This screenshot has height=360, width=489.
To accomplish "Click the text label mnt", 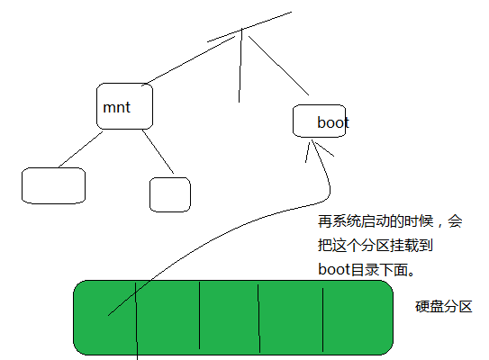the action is (116, 107).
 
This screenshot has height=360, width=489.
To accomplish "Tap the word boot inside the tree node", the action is (333, 122).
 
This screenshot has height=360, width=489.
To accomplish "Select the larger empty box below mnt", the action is (54, 185).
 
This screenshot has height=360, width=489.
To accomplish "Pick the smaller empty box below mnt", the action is (170, 194).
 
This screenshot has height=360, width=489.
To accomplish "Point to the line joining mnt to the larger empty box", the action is (80, 149).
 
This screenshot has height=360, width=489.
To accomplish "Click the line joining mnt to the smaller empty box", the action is (158, 151).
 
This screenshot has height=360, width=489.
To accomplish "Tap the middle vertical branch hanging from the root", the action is (240, 66).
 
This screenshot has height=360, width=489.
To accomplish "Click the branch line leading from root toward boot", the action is (278, 66).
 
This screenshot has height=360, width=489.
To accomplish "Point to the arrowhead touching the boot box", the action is (312, 147).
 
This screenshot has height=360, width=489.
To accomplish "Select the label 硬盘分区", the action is (443, 307).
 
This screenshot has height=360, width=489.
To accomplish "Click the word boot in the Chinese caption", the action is (334, 269).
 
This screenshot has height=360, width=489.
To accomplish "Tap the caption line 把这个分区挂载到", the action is (376, 246).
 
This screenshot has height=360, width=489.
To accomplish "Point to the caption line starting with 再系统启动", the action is (390, 221).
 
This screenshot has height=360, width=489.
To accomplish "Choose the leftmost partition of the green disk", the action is (104, 318).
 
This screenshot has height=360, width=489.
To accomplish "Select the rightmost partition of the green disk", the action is (358, 318).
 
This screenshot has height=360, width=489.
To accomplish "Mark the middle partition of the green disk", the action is (230, 318).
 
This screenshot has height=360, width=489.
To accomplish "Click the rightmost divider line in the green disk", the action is (322, 319).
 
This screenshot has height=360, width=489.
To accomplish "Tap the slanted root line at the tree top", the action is (249, 27).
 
